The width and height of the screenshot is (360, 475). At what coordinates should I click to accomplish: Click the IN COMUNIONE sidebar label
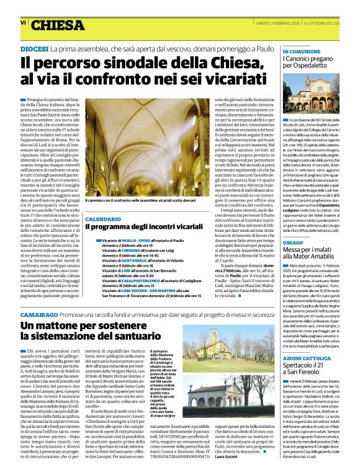302,51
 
